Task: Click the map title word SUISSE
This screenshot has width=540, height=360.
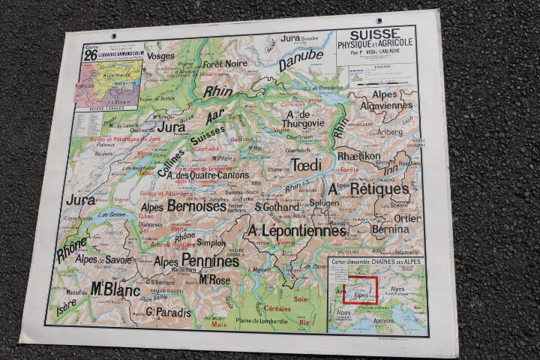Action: click(x=375, y=34)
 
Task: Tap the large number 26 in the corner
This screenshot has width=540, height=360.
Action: click(x=91, y=55)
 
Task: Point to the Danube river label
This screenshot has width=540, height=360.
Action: click(x=301, y=59)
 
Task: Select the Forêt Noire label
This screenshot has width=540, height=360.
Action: click(x=224, y=64)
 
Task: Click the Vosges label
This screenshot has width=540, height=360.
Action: click(x=160, y=55)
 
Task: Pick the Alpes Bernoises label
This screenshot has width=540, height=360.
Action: click(x=183, y=205)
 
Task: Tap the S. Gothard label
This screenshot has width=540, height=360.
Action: click(x=278, y=206)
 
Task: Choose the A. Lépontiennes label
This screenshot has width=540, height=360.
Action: click(x=297, y=230)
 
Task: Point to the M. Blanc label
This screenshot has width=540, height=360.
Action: click(x=115, y=288)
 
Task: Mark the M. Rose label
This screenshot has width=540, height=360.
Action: click(x=214, y=279)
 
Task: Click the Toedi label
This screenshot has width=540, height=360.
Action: click(x=305, y=164)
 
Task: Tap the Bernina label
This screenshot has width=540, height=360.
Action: click(x=391, y=228)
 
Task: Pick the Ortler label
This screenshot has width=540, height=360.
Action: click(x=407, y=218)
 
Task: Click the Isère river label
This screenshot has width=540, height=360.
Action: click(x=65, y=307)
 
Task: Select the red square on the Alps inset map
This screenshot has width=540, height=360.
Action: click(x=360, y=289)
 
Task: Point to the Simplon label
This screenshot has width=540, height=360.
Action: click(x=211, y=243)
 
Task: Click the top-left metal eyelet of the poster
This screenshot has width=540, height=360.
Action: click(x=113, y=35)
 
